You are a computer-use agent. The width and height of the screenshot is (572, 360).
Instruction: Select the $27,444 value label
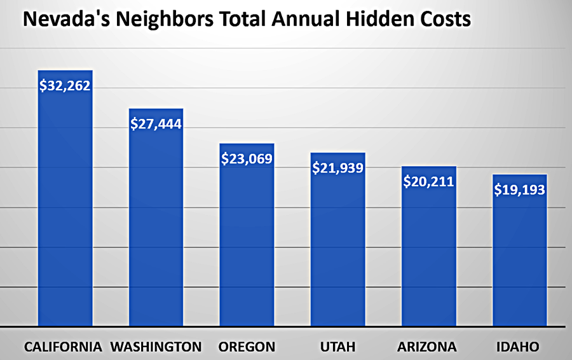pos(156,124)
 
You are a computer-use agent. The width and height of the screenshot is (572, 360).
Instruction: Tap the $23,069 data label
pos(247,159)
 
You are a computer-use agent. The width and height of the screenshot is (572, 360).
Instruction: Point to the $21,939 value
pos(337,169)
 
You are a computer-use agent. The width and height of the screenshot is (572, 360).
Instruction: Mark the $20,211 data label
pos(428,182)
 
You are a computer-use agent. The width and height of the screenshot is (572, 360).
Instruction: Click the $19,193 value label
pos(519,190)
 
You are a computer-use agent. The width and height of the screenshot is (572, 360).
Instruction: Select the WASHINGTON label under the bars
pos(156,347)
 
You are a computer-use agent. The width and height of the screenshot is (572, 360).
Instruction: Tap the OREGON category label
pos(247,347)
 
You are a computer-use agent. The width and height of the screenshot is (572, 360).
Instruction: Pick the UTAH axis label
pos(337,347)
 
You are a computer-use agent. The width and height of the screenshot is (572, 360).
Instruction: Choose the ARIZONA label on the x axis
pos(428,347)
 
